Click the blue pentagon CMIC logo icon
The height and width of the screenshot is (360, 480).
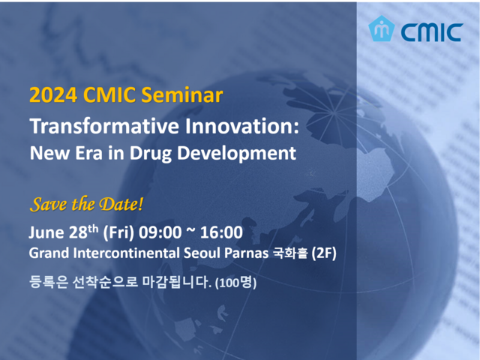381,28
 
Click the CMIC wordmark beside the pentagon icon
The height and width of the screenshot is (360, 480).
432,31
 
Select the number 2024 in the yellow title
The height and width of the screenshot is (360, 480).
53,95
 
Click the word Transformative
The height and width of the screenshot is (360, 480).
104,126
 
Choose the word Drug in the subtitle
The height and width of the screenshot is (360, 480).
150,153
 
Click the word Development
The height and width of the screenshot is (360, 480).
237,153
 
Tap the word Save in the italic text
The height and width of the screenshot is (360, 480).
49,204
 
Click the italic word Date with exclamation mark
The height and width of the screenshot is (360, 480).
121,204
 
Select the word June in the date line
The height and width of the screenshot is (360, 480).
46,232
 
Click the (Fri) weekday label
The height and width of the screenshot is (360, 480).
118,232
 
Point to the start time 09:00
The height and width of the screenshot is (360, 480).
160,232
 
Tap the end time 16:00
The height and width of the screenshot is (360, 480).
221,232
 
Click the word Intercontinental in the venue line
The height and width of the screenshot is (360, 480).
126,253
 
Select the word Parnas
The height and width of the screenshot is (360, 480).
247,253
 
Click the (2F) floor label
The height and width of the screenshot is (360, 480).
324,253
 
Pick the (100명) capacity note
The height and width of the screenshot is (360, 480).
235,283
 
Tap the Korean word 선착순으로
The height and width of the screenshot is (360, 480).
105,282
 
